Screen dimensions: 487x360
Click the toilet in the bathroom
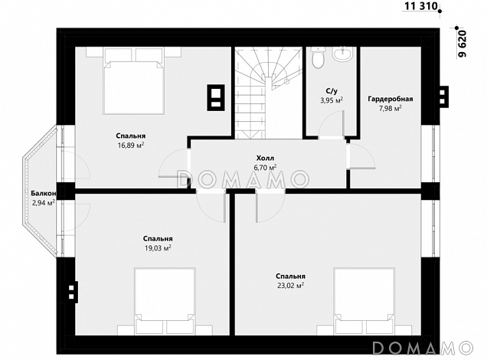tap(318, 57)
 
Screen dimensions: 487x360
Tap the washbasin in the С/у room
tap(342, 54)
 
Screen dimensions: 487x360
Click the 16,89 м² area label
tap(130, 145)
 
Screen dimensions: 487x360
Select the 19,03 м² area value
tap(158, 248)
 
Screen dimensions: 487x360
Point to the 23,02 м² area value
tap(290, 286)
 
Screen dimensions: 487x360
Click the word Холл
tap(265, 158)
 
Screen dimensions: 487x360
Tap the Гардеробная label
tap(391, 99)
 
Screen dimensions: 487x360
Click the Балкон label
tap(44, 194)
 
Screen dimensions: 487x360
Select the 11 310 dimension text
tap(421, 5)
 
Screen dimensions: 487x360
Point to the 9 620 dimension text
tap(462, 44)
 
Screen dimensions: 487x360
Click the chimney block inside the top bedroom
tap(216, 97)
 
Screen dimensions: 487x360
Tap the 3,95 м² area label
tap(332, 100)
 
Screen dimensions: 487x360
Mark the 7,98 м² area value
tap(390, 109)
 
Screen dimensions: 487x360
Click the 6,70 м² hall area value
tap(265, 168)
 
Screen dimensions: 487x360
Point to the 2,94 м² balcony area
tap(44, 203)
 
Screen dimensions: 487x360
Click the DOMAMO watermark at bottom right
tap(423, 348)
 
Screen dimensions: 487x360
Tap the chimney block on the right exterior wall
tap(444, 97)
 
